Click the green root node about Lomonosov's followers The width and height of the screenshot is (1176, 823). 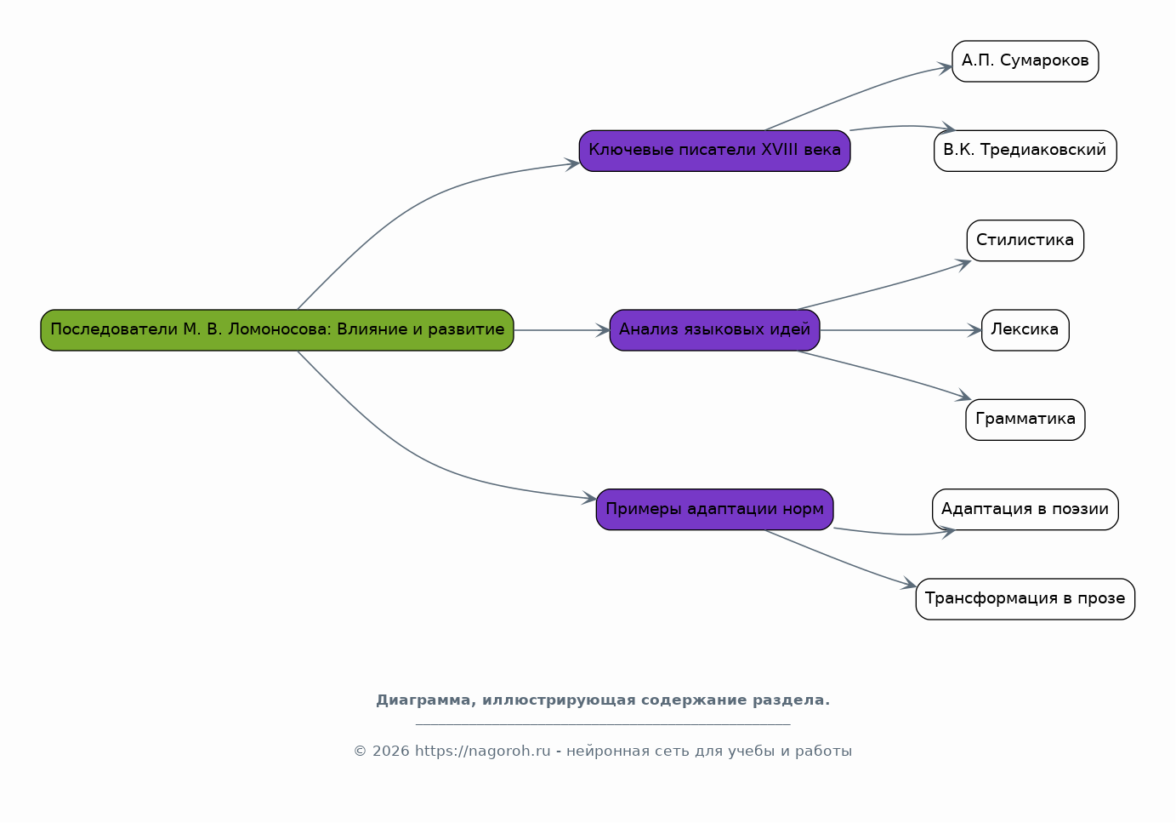277,330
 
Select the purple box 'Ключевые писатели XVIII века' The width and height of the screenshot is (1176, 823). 714,151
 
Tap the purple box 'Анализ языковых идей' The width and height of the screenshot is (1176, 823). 714,330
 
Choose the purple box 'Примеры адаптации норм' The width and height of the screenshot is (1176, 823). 714,509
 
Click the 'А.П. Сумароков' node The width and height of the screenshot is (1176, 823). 1025,61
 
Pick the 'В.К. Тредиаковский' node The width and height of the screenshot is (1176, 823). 1025,151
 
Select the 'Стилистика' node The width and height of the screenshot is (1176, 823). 1025,241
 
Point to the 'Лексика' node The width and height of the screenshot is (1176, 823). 1025,330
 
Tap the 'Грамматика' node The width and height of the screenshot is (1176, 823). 1025,420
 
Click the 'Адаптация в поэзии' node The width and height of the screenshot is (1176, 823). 1025,509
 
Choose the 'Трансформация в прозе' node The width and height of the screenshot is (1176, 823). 1025,599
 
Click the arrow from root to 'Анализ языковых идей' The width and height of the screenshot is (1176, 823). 562,330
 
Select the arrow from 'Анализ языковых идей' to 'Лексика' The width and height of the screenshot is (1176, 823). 900,330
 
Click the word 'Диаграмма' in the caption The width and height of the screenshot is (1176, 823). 425,700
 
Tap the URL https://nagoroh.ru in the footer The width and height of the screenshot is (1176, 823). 482,751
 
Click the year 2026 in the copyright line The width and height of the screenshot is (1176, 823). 390,751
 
